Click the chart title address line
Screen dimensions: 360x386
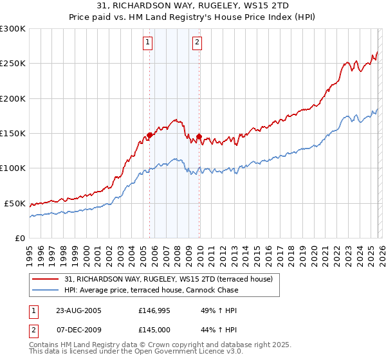coord(193,5)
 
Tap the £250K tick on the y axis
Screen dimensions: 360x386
coord(13,64)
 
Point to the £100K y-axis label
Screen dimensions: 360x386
coord(13,168)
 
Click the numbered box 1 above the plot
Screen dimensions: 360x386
coord(148,43)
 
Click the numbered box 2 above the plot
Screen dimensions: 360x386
coord(197,43)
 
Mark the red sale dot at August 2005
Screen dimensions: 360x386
coord(150,135)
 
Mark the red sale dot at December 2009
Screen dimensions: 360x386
coord(199,136)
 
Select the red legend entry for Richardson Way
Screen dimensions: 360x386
coord(169,279)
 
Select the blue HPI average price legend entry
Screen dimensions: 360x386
coord(151,290)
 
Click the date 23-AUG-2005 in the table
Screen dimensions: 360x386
coord(78,310)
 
